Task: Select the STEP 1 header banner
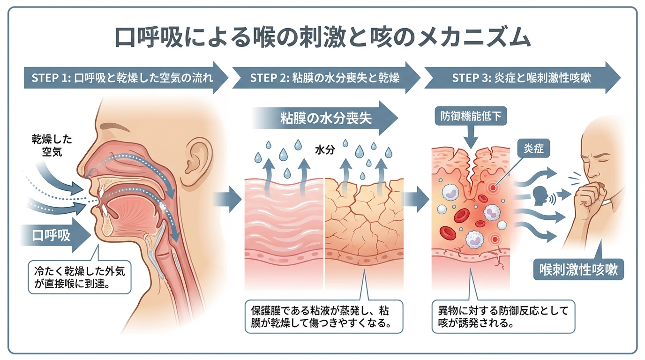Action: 123,78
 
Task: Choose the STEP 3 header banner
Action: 520,78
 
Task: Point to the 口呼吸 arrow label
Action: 52,234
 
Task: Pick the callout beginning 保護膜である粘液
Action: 323,317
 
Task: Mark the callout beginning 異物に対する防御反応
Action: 502,317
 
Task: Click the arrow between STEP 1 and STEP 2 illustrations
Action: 228,199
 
